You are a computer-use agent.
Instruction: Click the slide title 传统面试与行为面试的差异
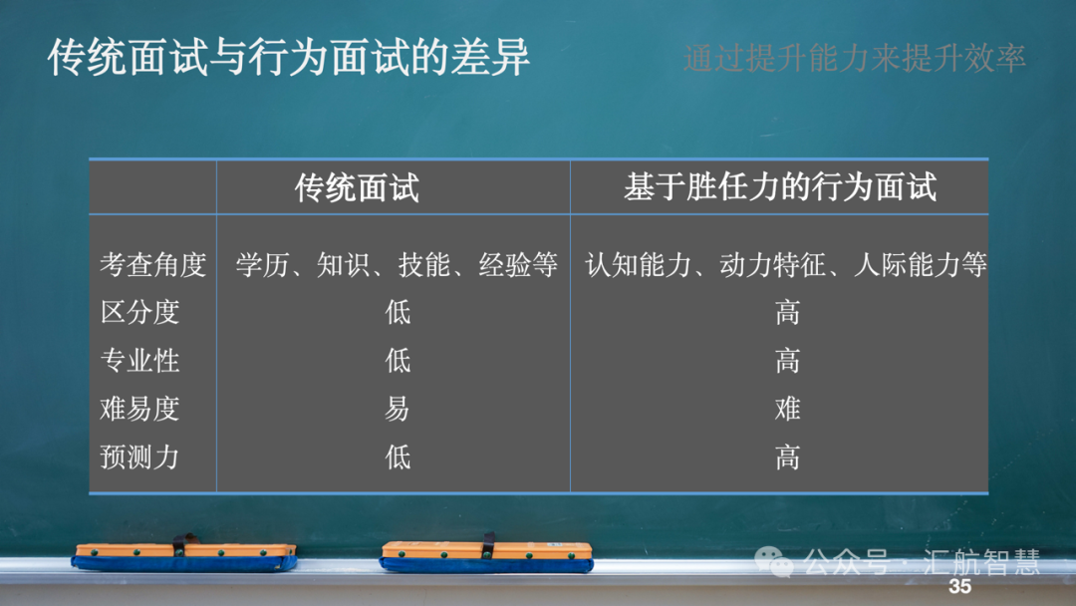pyautogui.click(x=289, y=57)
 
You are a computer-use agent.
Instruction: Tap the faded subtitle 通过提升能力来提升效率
pyautogui.click(x=855, y=58)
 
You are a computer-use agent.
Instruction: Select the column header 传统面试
pyautogui.click(x=357, y=187)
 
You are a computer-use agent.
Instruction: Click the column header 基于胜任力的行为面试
pyautogui.click(x=780, y=186)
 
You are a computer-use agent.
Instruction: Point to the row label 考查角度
pyautogui.click(x=153, y=265)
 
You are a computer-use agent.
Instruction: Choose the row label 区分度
pyautogui.click(x=140, y=312)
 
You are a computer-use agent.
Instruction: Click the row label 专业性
pyautogui.click(x=140, y=360)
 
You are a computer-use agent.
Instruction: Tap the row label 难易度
pyautogui.click(x=140, y=409)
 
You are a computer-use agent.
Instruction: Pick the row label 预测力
pyautogui.click(x=140, y=457)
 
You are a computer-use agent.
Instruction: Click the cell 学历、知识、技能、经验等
pyautogui.click(x=397, y=265)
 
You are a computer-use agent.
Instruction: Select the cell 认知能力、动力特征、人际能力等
pyautogui.click(x=786, y=265)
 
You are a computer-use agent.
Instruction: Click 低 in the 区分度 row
pyautogui.click(x=398, y=312)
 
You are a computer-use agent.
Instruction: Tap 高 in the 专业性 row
pyautogui.click(x=787, y=360)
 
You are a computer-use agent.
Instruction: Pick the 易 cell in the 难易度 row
pyautogui.click(x=397, y=409)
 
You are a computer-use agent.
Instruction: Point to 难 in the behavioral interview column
pyautogui.click(x=787, y=409)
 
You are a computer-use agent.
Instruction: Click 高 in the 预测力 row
pyautogui.click(x=787, y=457)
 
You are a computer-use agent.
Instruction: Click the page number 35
pyautogui.click(x=959, y=586)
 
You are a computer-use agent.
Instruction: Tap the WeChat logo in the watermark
pyautogui.click(x=774, y=562)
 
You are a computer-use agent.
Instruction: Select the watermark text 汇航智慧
pyautogui.click(x=981, y=562)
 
